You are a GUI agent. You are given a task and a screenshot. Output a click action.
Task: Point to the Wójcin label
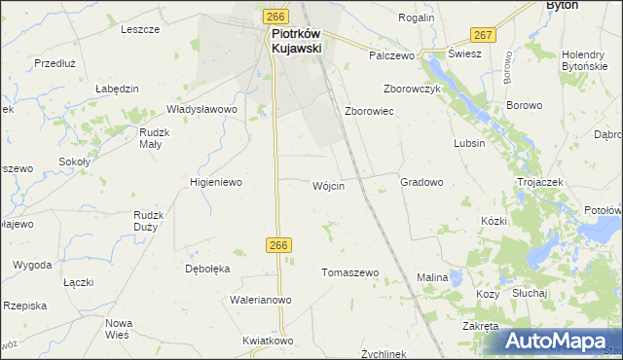tap(328, 186)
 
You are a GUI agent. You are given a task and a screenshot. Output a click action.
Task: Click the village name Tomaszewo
tap(349, 273)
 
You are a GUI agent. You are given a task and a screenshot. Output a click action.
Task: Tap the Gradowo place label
tap(421, 182)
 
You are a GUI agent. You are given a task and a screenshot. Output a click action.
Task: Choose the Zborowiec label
tap(369, 112)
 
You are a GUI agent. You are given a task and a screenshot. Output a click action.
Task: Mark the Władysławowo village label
tap(202, 110)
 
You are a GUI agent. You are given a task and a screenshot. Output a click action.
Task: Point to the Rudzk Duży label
tap(151, 221)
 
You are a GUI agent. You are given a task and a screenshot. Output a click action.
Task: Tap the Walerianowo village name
tap(261, 300)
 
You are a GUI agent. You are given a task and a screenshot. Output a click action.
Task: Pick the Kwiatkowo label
tap(269, 342)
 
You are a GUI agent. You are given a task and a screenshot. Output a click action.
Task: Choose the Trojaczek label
tap(541, 182)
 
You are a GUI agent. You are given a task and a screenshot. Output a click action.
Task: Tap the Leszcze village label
tap(140, 29)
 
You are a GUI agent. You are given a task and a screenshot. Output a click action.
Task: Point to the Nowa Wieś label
tap(118, 329)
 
